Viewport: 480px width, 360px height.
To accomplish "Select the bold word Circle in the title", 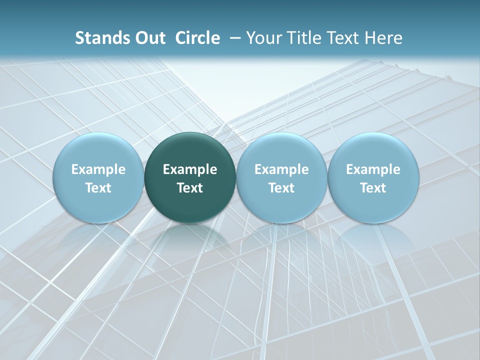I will (197, 38).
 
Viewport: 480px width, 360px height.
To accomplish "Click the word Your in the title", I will (263, 38).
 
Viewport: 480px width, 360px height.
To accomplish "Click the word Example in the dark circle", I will (190, 169).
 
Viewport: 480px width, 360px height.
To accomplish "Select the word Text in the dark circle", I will (190, 188).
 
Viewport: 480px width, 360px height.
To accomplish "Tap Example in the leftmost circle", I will (98, 169).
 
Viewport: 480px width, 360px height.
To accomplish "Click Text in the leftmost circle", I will (98, 188).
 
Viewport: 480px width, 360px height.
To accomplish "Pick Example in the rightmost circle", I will (373, 169).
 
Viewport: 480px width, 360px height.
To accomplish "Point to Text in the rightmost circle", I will (373, 188).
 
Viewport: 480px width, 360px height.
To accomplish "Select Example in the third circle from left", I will (281, 169).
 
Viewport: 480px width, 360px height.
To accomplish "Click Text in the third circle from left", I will (281, 188).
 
